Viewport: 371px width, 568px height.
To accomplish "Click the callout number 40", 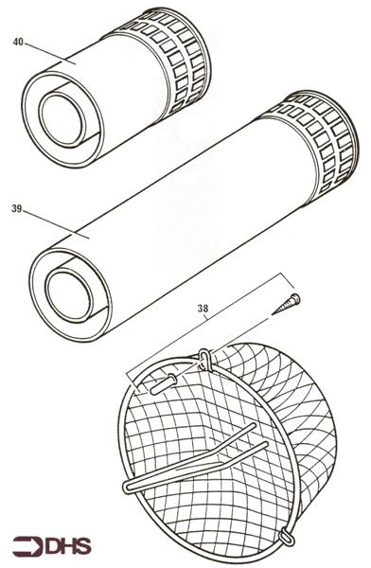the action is (18, 42).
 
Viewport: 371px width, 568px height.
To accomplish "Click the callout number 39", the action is (18, 208).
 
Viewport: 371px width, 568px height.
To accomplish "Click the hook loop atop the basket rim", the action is (203, 359).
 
